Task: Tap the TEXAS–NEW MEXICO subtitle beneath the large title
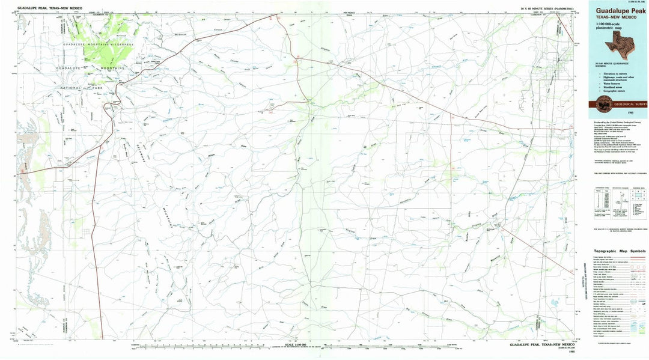pyautogui.click(x=617, y=17)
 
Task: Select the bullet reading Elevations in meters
pyautogui.click(x=618, y=73)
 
